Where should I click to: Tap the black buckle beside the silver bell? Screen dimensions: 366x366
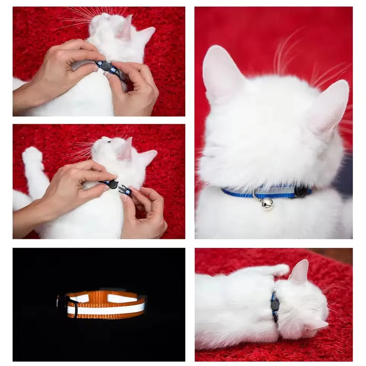click(x=301, y=191)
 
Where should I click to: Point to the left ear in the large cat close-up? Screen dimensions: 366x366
click(x=221, y=74)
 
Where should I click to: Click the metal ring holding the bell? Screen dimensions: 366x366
click(x=256, y=195)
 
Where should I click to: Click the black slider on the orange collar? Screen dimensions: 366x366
click(x=72, y=306)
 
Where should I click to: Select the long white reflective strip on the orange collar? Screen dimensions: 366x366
click(x=107, y=309)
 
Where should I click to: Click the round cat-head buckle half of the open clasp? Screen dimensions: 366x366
click(x=113, y=185)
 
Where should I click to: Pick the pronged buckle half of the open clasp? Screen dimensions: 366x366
click(x=125, y=189)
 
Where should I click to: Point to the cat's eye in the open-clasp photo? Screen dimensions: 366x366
click(x=109, y=141)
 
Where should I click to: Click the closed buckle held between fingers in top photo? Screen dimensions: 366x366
click(x=106, y=66)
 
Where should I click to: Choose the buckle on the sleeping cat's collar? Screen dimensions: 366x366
click(x=274, y=304)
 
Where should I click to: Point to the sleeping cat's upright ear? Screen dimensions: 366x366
click(x=300, y=271)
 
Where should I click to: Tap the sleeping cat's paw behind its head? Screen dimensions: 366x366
click(x=280, y=270)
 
